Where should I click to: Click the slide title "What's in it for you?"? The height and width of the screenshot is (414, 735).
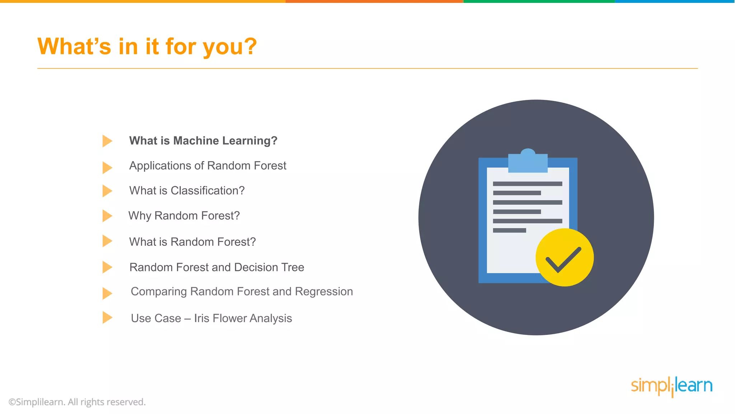click(x=147, y=47)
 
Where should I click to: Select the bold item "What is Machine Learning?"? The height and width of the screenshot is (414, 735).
click(x=203, y=141)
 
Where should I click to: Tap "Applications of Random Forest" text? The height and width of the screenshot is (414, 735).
click(x=207, y=166)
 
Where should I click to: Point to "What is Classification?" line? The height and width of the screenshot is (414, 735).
click(x=187, y=190)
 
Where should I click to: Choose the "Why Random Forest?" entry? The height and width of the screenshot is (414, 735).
click(x=184, y=216)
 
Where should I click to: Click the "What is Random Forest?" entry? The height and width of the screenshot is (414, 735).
click(x=192, y=242)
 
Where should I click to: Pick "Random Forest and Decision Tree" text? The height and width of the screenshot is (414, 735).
click(x=217, y=267)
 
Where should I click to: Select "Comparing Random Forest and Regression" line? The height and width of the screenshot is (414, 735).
click(x=242, y=291)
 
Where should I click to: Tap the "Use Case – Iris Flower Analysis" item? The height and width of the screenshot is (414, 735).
click(x=211, y=318)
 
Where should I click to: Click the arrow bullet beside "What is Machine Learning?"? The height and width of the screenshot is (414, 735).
click(x=107, y=141)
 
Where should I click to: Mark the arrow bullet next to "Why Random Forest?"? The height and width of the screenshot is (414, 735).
click(x=107, y=216)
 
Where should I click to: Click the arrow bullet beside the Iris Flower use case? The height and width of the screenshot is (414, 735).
click(x=107, y=318)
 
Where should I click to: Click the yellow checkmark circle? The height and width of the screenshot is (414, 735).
click(x=565, y=257)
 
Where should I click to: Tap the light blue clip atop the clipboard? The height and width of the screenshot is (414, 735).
click(x=528, y=162)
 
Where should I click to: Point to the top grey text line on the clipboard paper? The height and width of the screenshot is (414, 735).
click(x=527, y=184)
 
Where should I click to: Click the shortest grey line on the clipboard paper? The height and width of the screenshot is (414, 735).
click(x=509, y=230)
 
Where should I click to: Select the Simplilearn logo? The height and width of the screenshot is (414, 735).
click(x=671, y=386)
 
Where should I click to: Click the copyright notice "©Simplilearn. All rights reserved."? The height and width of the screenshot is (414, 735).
click(x=77, y=402)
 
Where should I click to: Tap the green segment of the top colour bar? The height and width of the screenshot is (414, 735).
click(x=539, y=1)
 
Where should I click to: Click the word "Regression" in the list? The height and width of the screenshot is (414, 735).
click(x=324, y=291)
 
